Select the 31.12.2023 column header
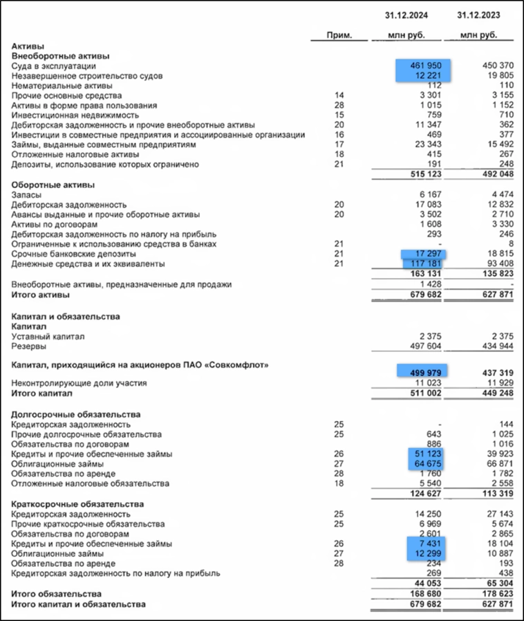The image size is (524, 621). [x=480, y=15]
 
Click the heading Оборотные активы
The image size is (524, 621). [x=53, y=185]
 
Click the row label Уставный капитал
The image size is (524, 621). [x=48, y=337]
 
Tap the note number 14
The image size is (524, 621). [x=339, y=95]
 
